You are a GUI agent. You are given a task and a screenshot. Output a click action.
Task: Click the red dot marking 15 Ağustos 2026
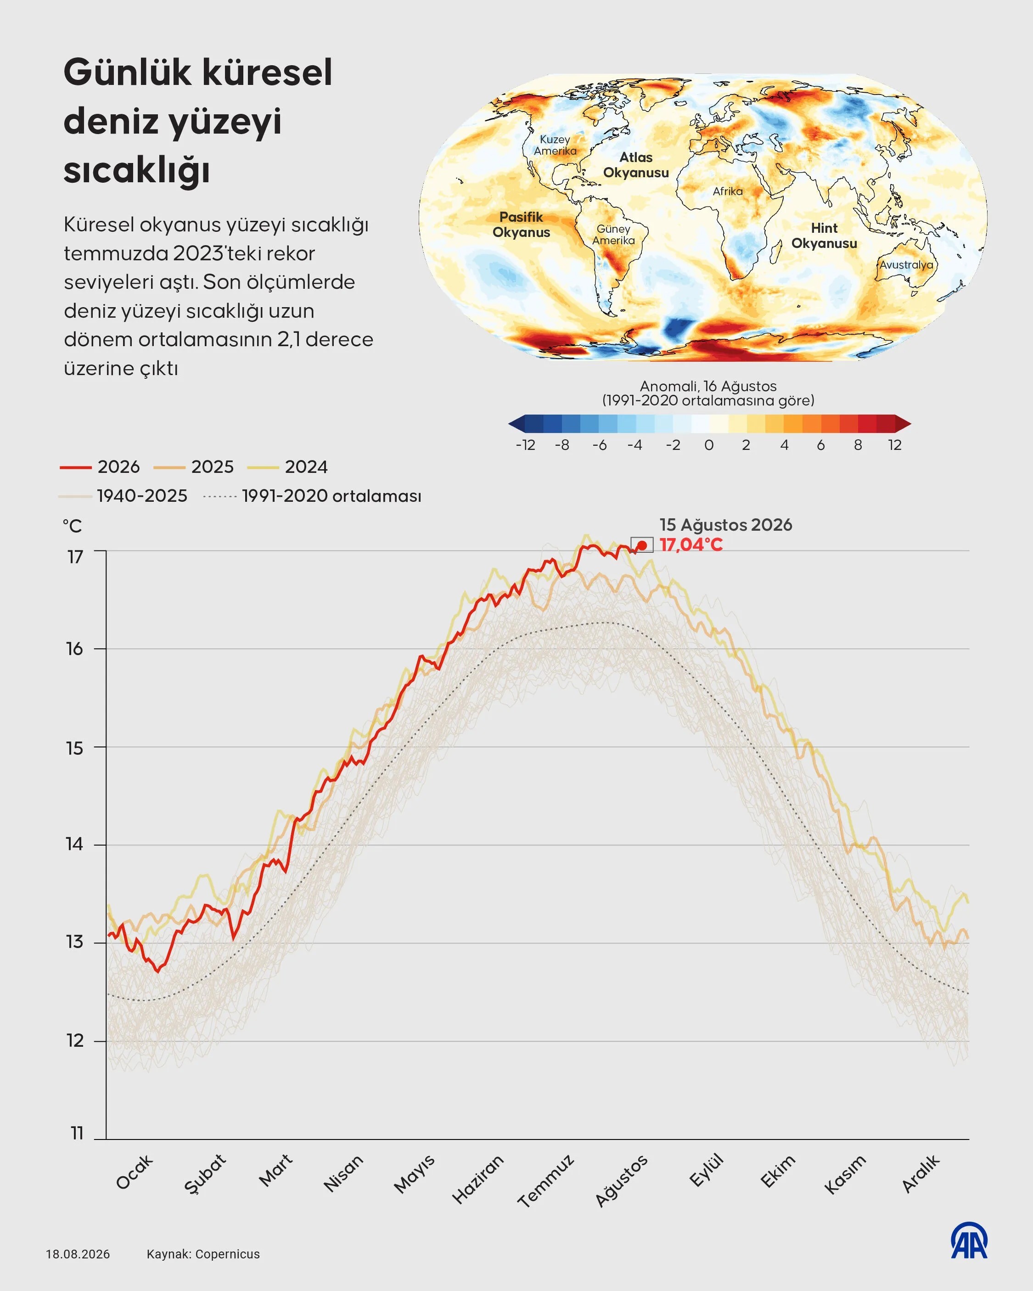[642, 545]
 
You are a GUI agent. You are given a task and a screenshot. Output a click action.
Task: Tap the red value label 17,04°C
[691, 545]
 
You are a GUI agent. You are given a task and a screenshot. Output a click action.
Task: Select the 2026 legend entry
[100, 466]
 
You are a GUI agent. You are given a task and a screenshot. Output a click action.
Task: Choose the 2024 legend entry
[287, 466]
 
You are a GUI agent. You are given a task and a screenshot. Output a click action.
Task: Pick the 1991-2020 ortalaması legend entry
[312, 496]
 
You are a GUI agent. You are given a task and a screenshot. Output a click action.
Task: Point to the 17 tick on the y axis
[75, 557]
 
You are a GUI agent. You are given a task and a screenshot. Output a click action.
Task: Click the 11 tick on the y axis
[77, 1133]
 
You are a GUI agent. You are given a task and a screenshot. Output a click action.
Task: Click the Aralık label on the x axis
[921, 1173]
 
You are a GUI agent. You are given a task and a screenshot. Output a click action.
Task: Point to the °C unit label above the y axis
[72, 526]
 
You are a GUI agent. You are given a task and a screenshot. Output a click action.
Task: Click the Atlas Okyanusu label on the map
[636, 165]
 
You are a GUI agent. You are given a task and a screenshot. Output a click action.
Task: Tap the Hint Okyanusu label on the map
[824, 236]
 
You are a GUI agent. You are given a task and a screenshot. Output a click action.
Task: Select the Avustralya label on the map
[906, 264]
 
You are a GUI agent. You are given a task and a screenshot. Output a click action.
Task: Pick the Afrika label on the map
[728, 191]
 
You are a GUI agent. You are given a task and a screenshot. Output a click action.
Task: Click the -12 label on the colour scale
[525, 445]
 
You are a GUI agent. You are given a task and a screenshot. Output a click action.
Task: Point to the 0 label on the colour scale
[709, 445]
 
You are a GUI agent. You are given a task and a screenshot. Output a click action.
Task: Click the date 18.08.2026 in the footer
[78, 1254]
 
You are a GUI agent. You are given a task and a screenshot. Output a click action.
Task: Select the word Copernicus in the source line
[228, 1254]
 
